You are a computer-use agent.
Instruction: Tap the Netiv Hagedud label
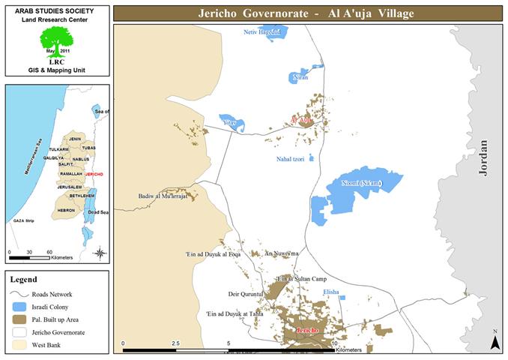pyautogui.click(x=262, y=33)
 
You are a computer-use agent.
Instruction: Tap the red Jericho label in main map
pyautogui.click(x=308, y=331)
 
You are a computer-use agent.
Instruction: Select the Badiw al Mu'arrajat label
pyautogui.click(x=162, y=196)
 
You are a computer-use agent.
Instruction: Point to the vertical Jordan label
pyautogui.click(x=483, y=157)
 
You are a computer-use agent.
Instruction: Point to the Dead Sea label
pyautogui.click(x=98, y=213)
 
